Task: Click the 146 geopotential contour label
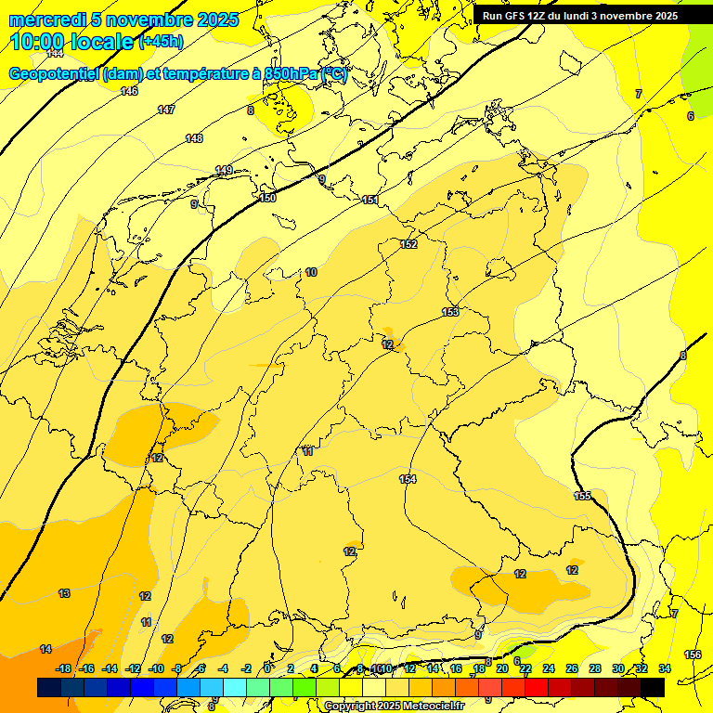pyautogui.click(x=129, y=91)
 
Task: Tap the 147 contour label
pyautogui.click(x=165, y=110)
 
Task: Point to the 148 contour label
pyautogui.click(x=194, y=138)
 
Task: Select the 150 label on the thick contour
pyautogui.click(x=267, y=198)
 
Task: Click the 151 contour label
pyautogui.click(x=370, y=200)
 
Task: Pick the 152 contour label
pyautogui.click(x=408, y=244)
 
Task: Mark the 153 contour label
pyautogui.click(x=450, y=312)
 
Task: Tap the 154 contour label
pyautogui.click(x=408, y=479)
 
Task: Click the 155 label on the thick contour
pyautogui.click(x=582, y=496)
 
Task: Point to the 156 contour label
pyautogui.click(x=693, y=655)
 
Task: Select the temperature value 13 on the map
pyautogui.click(x=64, y=592)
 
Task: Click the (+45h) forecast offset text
pyautogui.click(x=161, y=41)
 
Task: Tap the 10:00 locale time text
pyautogui.click(x=71, y=41)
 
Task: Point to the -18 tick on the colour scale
pyautogui.click(x=64, y=668)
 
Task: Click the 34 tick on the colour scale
pyautogui.click(x=665, y=668)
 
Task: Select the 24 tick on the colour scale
pyautogui.click(x=549, y=668)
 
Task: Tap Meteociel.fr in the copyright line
pyautogui.click(x=428, y=706)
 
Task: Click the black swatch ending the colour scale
pyautogui.click(x=653, y=687)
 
